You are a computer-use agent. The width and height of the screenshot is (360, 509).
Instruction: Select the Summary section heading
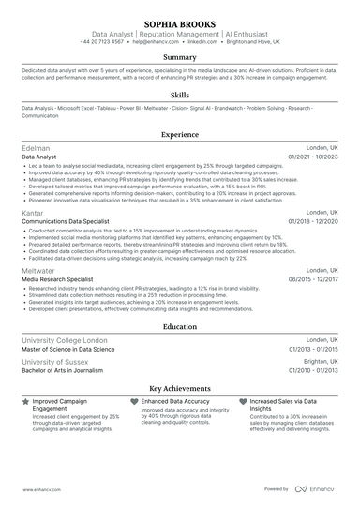[180, 57]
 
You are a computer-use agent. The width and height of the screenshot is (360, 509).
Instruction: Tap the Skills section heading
[180, 95]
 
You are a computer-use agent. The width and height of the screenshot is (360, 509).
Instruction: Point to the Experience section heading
[180, 135]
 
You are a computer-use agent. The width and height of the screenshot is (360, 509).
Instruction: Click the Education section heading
[180, 326]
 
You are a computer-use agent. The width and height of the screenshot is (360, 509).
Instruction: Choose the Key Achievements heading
[180, 387]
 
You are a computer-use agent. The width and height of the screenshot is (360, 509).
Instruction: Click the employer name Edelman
[37, 149]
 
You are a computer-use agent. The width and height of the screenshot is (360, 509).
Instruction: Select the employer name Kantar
[34, 213]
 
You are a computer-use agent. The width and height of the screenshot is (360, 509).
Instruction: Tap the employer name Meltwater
[39, 269]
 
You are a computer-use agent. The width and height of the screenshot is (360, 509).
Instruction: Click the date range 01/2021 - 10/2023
[314, 158]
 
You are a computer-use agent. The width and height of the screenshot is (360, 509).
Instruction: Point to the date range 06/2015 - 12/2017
[314, 278]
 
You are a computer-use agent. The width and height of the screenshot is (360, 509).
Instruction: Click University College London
[65, 340]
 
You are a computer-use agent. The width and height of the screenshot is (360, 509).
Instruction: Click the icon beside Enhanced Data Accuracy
[134, 400]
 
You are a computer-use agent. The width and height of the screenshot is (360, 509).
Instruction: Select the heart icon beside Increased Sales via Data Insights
[243, 400]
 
